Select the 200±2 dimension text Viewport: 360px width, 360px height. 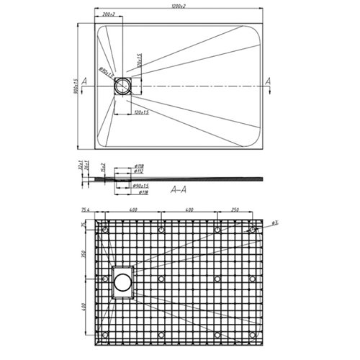click(x=110, y=14)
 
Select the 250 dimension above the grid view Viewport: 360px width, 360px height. click(x=235, y=210)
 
